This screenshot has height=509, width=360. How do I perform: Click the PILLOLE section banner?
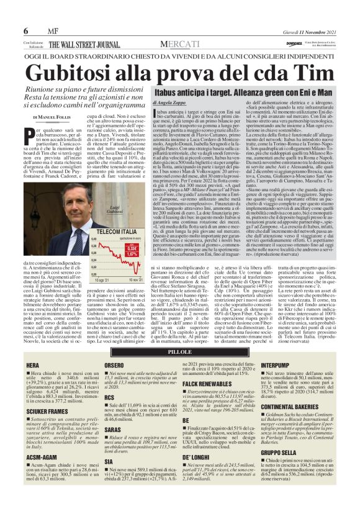coord(179,351)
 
